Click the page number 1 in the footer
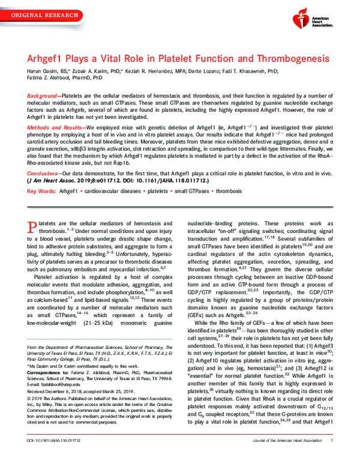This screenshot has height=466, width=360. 332,458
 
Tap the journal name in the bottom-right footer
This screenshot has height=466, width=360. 286,458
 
